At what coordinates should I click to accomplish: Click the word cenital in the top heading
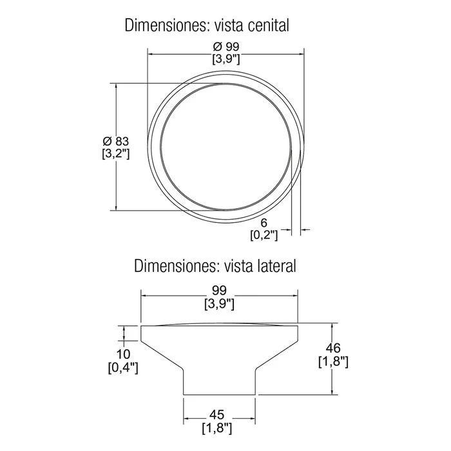click(x=268, y=25)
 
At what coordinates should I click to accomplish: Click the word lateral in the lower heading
click(x=274, y=265)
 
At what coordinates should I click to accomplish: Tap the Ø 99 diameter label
click(x=226, y=46)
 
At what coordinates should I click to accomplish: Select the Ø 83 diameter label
click(x=116, y=142)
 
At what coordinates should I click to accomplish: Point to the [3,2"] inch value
click(x=116, y=154)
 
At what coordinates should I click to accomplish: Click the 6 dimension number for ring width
click(x=264, y=223)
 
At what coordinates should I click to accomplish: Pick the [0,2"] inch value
click(x=264, y=236)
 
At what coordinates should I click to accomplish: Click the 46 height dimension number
click(x=333, y=348)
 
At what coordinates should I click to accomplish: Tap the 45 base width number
click(x=217, y=415)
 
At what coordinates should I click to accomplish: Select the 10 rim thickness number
click(x=123, y=354)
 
